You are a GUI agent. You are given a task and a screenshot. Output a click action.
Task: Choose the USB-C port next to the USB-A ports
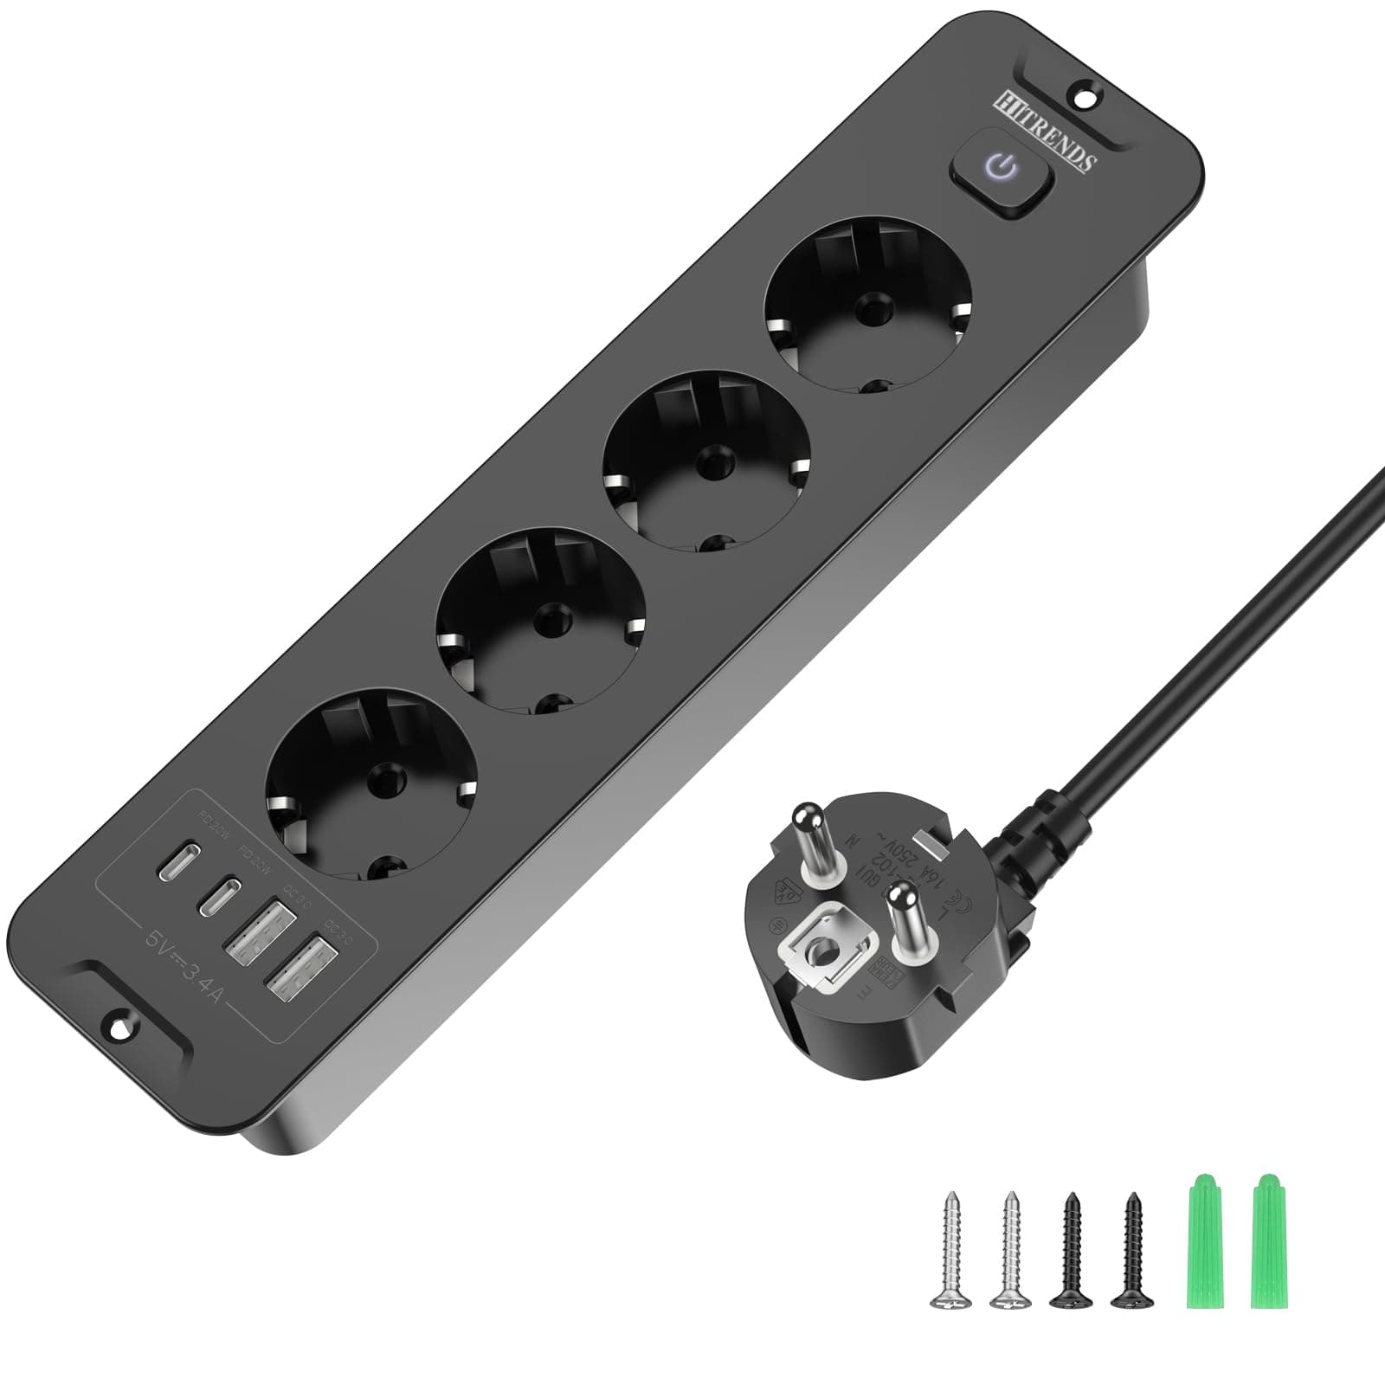[x=222, y=893]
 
